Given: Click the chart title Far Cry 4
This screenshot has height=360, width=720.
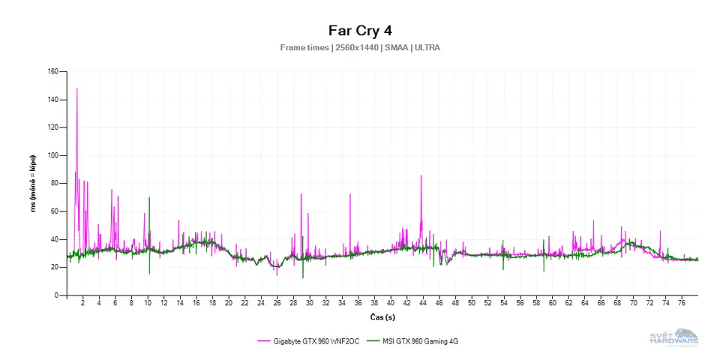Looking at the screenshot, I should coord(360,31).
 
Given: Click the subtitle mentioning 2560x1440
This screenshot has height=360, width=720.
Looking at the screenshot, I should coord(360,47).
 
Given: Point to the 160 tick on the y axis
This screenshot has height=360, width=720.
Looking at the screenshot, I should coord(52,72).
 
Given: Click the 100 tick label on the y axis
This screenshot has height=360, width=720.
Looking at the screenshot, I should coord(52,156).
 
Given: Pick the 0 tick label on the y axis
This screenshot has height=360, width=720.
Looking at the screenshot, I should coord(56,295).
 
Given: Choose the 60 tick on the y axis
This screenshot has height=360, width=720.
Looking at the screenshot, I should coord(54,211).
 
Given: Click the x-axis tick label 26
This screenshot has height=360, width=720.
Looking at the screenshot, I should coord(277,304).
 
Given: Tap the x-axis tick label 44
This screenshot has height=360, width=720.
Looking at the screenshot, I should coord(422,304).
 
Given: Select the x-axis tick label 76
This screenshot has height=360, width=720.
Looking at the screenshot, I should coord(682,304).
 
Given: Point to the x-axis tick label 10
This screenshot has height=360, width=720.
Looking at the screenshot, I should coord(148,304).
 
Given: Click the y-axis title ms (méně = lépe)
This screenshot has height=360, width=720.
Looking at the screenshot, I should coord(33,184).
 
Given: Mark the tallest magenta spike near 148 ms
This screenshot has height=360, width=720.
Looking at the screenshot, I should coord(76,89).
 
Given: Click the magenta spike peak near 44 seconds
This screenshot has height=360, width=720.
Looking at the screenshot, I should coord(421,176).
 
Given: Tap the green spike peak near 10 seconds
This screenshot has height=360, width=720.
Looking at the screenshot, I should coord(149,198).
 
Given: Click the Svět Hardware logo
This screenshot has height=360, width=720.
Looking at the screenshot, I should coord(673,337).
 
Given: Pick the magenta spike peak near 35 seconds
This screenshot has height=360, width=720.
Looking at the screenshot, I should coord(349,194).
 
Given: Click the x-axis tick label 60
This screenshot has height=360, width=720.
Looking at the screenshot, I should coord(552,304).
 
